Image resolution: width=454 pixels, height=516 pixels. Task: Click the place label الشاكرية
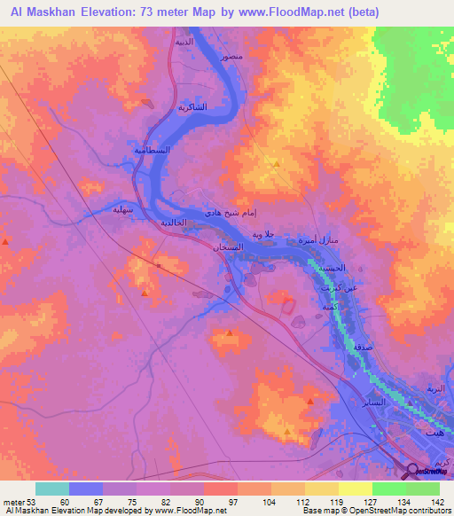coord(175,106)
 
